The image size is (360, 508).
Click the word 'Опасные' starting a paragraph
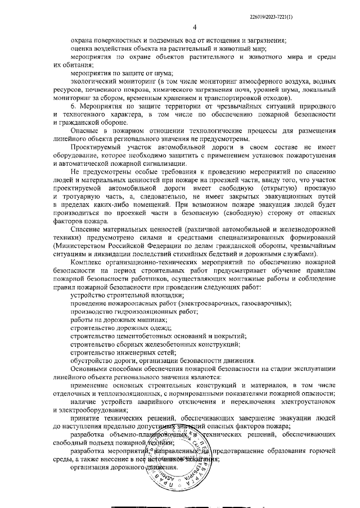pos(85,130)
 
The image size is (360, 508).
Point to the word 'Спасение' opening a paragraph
pos(86,231)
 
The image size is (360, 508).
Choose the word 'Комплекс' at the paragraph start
pos(87,263)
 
